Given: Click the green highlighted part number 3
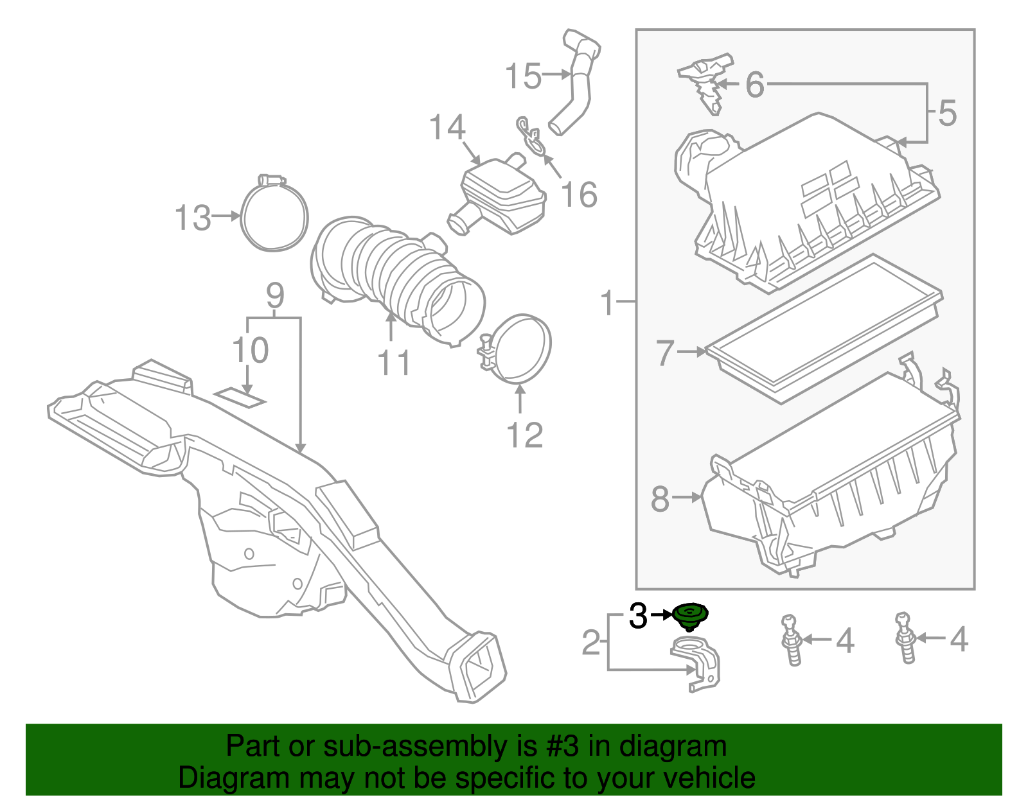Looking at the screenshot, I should click(689, 615).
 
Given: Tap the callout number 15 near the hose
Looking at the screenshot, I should click(523, 76).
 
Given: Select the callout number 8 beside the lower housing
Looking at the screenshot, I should click(660, 499).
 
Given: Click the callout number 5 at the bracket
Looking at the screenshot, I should click(947, 113).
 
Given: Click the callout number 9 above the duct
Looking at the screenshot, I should click(275, 296).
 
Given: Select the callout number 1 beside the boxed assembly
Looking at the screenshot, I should click(607, 302).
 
